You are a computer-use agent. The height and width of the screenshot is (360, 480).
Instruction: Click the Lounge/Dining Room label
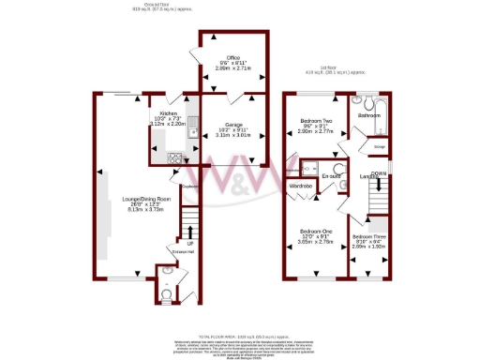tap(145, 199)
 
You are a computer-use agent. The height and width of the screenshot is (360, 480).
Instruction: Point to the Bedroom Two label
tap(317, 122)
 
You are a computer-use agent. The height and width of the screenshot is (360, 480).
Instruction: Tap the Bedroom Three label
tap(368, 237)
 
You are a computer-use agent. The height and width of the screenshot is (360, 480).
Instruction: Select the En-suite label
tap(331, 175)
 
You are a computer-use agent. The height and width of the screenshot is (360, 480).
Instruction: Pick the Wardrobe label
tap(301, 187)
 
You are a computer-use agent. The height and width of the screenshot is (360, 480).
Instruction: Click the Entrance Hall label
tap(184, 251)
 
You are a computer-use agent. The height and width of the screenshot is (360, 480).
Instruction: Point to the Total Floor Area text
tap(240, 336)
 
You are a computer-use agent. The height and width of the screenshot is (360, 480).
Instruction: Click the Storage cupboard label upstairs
tap(354, 146)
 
